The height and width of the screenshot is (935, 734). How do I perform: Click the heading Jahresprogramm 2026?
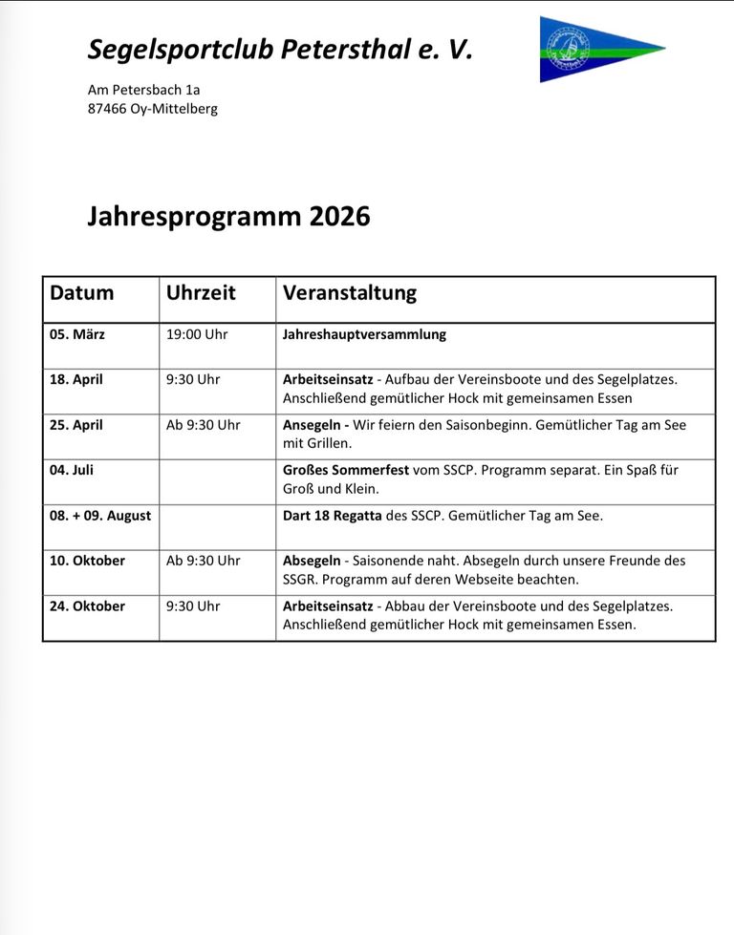pyautogui.click(x=228, y=217)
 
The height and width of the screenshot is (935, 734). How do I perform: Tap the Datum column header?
pyautogui.click(x=81, y=293)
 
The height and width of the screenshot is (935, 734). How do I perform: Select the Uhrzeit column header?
pyautogui.click(x=201, y=293)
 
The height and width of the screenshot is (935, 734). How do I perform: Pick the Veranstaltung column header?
pyautogui.click(x=350, y=293)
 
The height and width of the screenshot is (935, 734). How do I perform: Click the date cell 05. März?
pyautogui.click(x=76, y=334)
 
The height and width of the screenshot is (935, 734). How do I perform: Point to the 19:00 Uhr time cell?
pyautogui.click(x=197, y=334)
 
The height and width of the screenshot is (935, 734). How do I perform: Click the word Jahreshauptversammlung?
pyautogui.click(x=364, y=334)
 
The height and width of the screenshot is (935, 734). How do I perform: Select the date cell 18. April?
pyautogui.click(x=76, y=379)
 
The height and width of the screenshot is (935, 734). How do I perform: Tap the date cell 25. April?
pyautogui.click(x=76, y=425)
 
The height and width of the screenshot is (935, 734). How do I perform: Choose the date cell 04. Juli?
pyautogui.click(x=72, y=470)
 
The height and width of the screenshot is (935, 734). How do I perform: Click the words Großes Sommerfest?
pyautogui.click(x=345, y=470)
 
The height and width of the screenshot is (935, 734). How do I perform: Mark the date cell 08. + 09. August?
pyautogui.click(x=100, y=516)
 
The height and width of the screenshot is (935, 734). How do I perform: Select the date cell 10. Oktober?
pyautogui.click(x=87, y=561)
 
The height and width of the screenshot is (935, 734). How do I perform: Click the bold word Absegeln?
pyautogui.click(x=312, y=561)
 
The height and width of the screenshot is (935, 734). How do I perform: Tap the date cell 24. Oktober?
pyautogui.click(x=87, y=606)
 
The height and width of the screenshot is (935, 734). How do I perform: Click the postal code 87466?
pyautogui.click(x=106, y=109)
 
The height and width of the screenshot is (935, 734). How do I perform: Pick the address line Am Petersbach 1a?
pyautogui.click(x=143, y=90)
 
